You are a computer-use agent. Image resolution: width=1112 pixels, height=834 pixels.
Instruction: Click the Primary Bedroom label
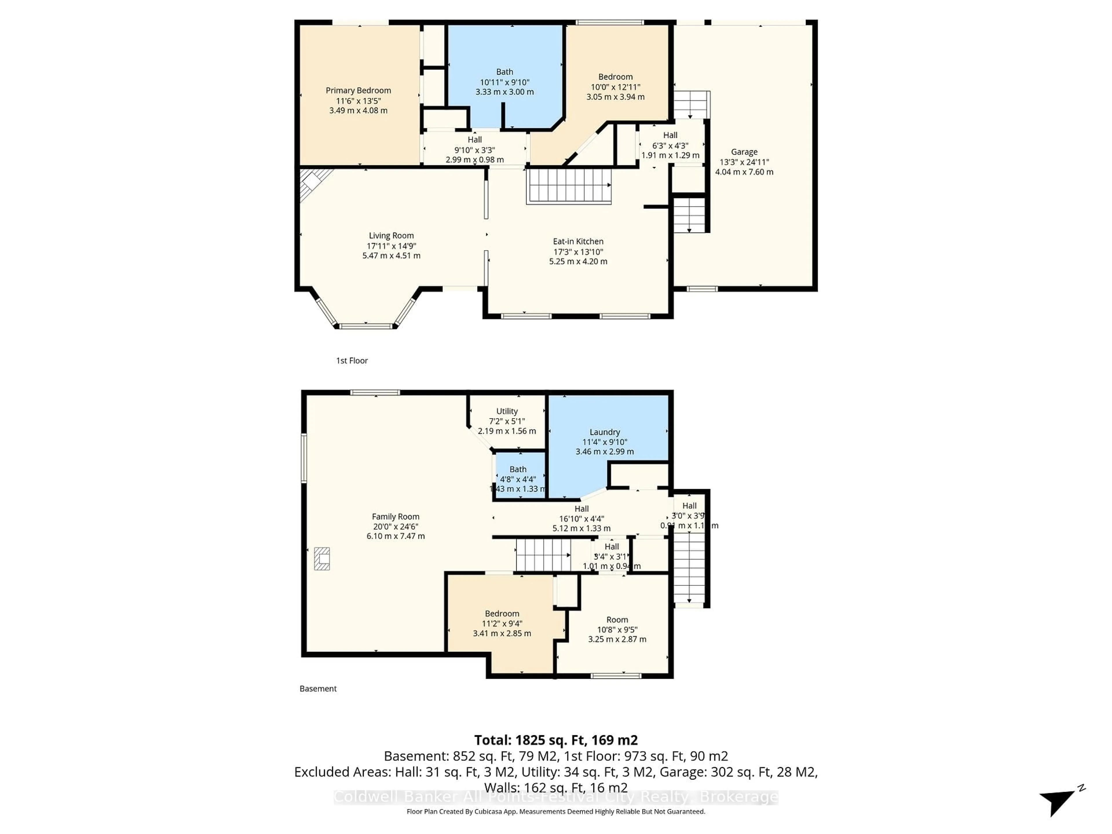pos(358,90)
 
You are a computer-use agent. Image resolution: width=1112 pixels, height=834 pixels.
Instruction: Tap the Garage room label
pos(744,152)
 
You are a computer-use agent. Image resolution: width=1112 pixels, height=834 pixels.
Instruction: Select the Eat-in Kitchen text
pos(578,241)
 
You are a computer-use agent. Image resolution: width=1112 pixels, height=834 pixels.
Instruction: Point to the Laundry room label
pos(604,432)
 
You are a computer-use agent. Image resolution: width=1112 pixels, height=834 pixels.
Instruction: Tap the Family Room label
pos(395,516)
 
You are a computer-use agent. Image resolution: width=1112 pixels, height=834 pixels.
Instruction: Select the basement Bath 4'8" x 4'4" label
pos(518,469)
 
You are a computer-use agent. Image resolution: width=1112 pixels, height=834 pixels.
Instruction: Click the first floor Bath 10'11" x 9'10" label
pos(505,72)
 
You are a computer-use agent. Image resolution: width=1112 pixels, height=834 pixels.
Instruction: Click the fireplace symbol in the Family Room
pos(322,559)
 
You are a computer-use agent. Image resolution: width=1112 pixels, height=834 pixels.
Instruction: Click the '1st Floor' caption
pos(352,361)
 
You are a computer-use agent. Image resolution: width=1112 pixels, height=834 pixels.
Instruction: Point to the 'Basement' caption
pos(318,689)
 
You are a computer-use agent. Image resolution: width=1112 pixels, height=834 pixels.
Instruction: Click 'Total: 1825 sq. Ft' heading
pos(555,740)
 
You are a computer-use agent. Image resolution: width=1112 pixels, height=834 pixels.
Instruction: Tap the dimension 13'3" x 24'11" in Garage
pos(744,162)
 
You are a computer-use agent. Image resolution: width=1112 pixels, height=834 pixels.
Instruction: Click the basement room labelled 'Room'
pos(617,620)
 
